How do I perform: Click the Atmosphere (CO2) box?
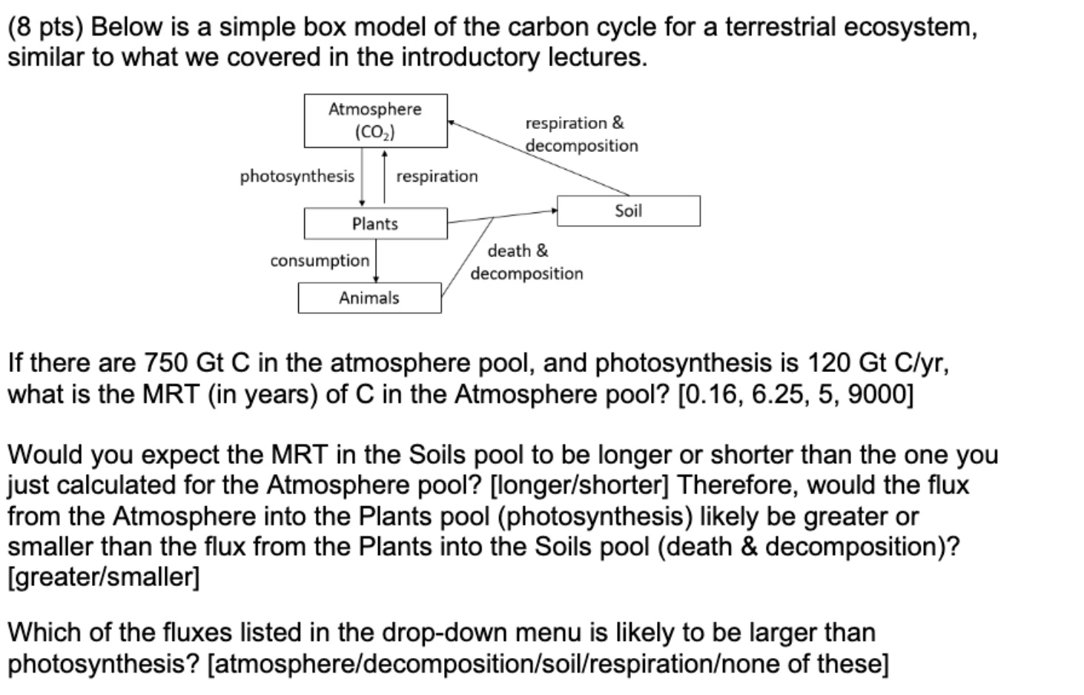375,121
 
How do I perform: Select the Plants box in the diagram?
375,224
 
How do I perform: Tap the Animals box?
369,298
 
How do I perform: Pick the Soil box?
628,211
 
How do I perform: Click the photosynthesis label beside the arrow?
297,176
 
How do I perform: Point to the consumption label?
320,261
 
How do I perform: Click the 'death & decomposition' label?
526,262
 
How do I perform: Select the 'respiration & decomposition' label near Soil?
581,134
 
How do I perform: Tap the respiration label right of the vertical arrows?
437,176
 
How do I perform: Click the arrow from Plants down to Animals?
376,261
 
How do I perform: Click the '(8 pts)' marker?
46,27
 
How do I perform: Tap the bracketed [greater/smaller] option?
103,577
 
